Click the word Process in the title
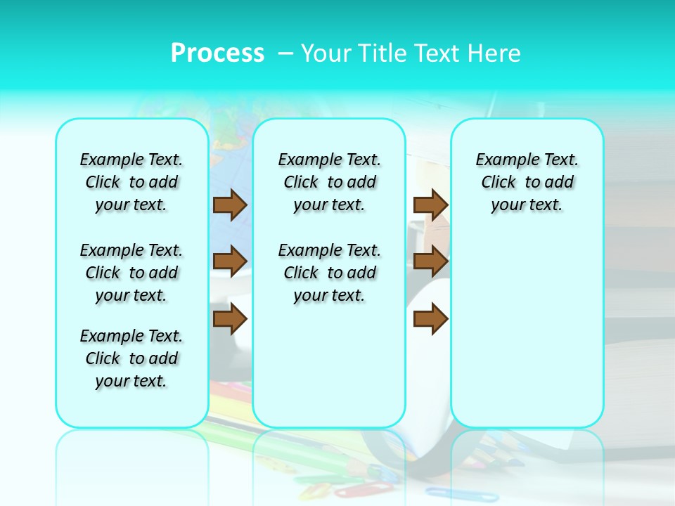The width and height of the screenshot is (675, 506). point(217,53)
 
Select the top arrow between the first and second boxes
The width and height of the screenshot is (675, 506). point(229,205)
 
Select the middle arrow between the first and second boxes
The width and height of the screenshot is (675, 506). point(229,261)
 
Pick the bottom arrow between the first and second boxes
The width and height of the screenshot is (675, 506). point(229,320)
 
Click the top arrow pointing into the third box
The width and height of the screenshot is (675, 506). point(430,205)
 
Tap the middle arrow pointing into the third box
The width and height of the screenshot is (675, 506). point(430,261)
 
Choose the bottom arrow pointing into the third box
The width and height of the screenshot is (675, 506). point(430,320)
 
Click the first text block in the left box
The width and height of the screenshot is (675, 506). point(131,182)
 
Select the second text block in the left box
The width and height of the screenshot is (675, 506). point(131,273)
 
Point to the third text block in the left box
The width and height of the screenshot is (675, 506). point(131,358)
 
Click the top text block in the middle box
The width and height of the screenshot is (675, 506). point(329,182)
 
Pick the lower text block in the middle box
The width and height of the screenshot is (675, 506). point(329,273)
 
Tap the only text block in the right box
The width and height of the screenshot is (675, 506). point(527,182)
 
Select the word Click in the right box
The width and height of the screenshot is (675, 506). point(499,183)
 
